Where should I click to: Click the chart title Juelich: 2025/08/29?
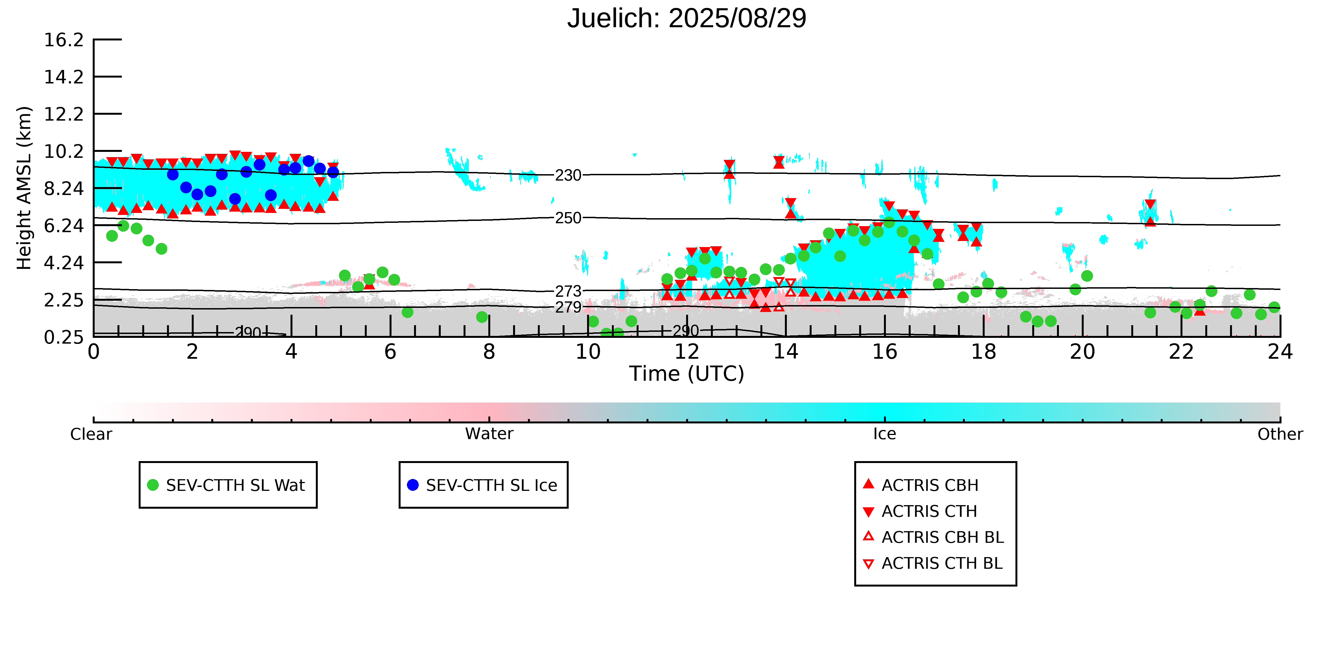687,18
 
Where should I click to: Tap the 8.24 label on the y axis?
64,188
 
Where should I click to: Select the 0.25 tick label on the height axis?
64,337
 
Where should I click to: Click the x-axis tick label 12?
687,352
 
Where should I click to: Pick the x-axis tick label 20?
1082,352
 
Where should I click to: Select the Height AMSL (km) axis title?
24,188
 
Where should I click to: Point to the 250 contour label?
568,218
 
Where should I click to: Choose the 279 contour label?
568,308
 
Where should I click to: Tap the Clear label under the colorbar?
91,434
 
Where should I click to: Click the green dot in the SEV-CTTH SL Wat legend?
153,485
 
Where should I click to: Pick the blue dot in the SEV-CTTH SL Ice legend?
412,485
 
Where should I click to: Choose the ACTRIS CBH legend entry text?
930,485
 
